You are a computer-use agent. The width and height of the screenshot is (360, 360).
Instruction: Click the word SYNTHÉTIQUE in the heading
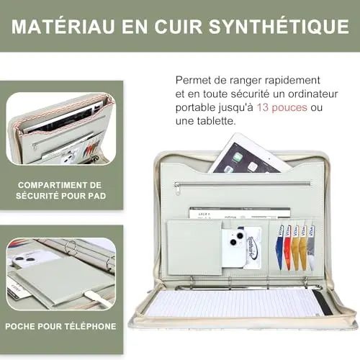tap(279, 27)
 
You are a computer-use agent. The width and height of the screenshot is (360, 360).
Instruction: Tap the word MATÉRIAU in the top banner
tap(63, 27)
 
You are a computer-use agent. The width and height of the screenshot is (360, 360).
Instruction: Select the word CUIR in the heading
tap(179, 27)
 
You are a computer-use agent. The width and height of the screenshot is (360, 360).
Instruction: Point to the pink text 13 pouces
tap(282, 107)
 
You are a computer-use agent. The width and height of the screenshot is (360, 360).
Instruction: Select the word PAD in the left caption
tap(97, 196)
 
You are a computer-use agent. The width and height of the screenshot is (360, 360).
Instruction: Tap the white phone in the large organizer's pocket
tap(233, 247)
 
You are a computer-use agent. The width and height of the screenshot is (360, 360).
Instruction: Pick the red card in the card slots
tap(287, 247)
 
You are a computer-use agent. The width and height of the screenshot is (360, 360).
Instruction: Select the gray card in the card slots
tap(311, 247)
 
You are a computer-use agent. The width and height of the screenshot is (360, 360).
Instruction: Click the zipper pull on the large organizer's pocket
tap(176, 188)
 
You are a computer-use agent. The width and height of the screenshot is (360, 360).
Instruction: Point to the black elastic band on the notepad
tap(323, 302)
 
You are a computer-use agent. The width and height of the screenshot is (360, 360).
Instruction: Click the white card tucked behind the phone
tap(253, 247)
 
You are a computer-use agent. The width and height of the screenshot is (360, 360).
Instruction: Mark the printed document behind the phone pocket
tap(240, 213)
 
